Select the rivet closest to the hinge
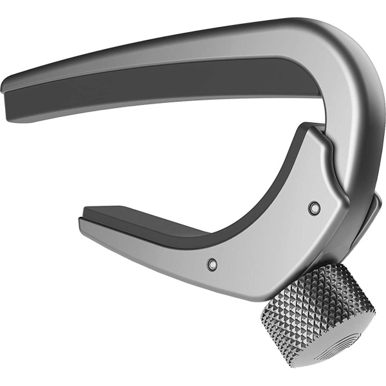314,208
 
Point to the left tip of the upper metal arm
8,84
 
